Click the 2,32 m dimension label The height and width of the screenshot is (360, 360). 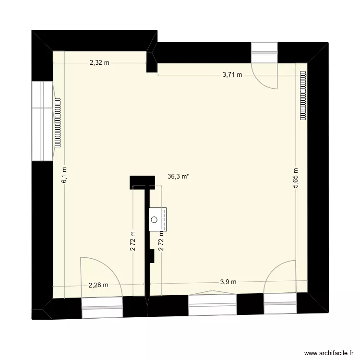coord(99,62)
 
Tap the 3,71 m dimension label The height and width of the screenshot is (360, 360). coord(232,75)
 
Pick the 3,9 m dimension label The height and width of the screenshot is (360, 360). coord(228,282)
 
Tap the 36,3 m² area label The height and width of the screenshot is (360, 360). coord(178,177)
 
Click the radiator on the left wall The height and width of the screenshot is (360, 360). coord(58,122)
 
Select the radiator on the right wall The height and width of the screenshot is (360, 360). coord(303,95)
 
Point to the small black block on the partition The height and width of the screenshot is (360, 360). coord(151,256)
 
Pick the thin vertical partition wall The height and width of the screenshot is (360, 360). coord(147,240)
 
